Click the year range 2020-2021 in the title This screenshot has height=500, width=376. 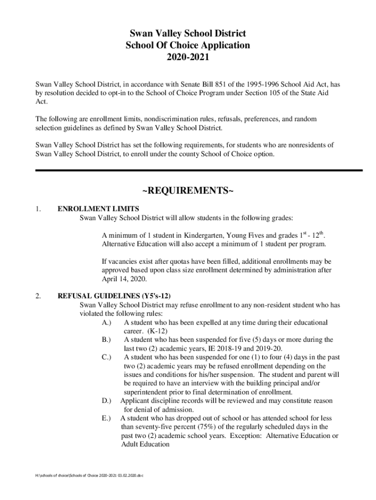coord(188,58)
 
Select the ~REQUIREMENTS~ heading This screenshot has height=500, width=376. coord(188,189)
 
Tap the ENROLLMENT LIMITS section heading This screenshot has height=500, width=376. coord(98,208)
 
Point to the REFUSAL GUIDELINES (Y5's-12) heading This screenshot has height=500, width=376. coord(114,296)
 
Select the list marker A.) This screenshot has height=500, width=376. coord(106,323)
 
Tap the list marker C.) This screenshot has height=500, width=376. coord(106,357)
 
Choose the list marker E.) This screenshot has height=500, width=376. coord(106,418)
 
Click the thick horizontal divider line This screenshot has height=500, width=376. coord(199,170)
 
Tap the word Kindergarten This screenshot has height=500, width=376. coord(204,235)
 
